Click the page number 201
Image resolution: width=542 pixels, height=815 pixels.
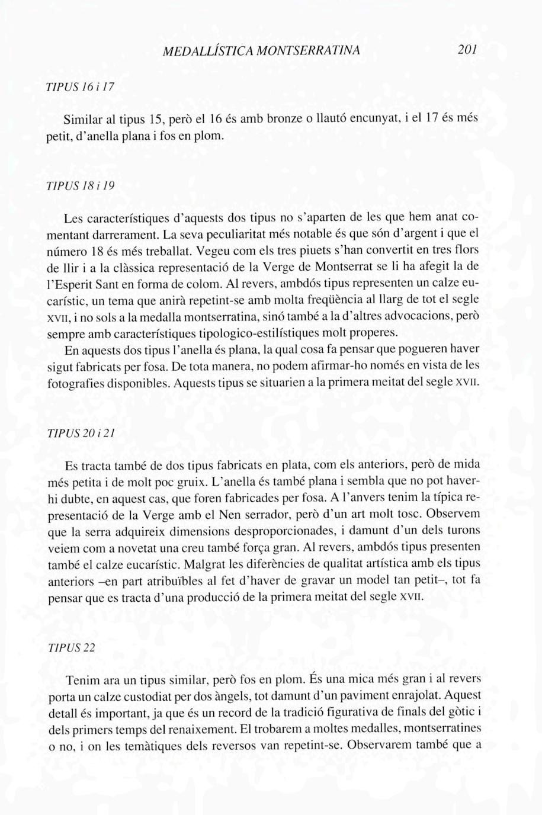(467, 49)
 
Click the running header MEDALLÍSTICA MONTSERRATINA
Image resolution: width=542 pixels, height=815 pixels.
(261, 50)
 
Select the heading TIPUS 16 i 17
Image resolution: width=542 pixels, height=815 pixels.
(80, 86)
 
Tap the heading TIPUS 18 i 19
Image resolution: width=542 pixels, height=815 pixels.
(81, 185)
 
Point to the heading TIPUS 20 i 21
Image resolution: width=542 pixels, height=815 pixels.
(81, 433)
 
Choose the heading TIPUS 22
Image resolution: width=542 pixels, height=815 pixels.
(71, 647)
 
